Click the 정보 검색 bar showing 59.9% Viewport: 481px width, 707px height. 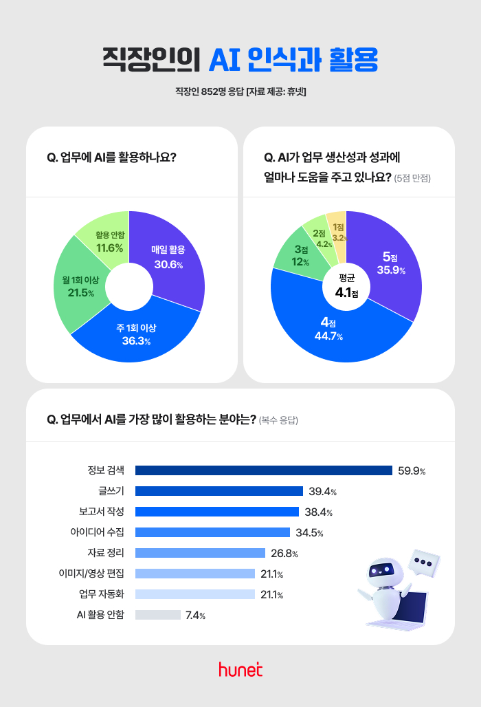263,470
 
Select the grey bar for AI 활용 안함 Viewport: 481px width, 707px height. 157,615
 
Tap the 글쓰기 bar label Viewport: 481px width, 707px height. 111,491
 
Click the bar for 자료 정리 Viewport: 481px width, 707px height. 200,553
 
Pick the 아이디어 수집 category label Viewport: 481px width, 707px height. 97,532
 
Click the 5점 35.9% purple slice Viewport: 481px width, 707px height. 392,261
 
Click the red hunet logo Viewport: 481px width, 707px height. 240,669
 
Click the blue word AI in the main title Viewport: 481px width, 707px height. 223,61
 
